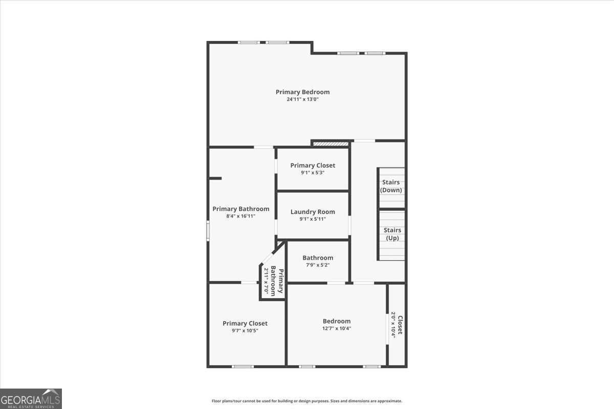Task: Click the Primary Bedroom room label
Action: [302, 92]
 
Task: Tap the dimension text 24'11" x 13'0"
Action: [302, 100]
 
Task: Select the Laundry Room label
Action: [313, 212]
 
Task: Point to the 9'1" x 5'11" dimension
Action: [313, 219]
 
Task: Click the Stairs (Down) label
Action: [391, 186]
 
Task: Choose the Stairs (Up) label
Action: [392, 234]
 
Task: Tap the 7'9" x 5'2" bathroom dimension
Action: [318, 265]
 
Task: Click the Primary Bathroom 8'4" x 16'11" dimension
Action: [240, 216]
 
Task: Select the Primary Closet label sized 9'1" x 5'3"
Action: [313, 165]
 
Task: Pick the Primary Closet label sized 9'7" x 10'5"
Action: [245, 323]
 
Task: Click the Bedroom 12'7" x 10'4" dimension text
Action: [337, 328]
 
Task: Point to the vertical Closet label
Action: [400, 325]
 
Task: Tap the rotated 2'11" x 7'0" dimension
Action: [266, 280]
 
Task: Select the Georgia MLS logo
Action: [31, 399]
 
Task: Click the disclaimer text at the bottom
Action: [307, 401]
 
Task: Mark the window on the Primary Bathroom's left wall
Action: [208, 230]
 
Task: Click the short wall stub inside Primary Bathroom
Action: [215, 178]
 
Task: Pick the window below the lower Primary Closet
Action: [243, 366]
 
